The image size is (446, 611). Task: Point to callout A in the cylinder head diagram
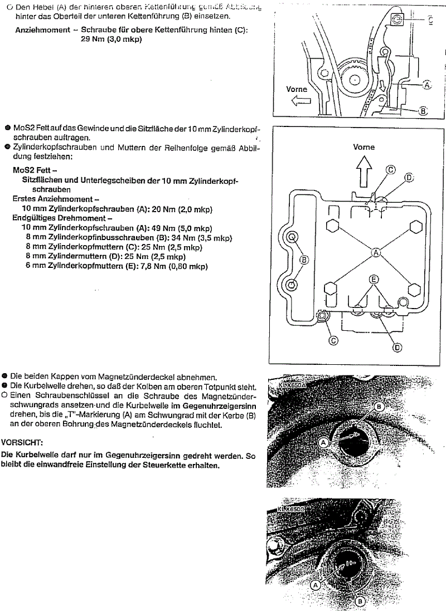click(x=376, y=253)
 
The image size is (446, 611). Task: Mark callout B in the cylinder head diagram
click(x=304, y=259)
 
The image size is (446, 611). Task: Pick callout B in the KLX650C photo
click(x=360, y=600)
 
